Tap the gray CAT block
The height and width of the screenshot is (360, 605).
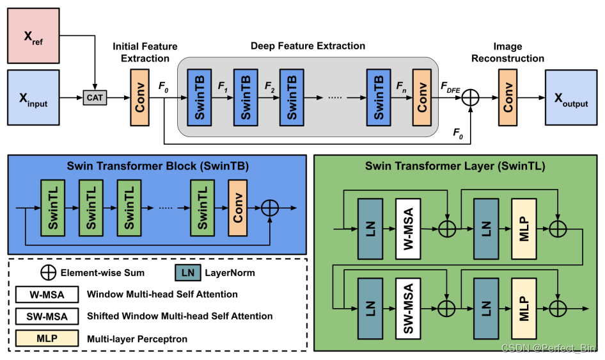[x=94, y=98]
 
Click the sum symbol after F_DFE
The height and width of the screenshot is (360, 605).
[x=470, y=97]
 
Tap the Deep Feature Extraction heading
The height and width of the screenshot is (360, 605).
[x=308, y=46]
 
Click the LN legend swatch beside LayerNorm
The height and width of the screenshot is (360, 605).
[x=187, y=273]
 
